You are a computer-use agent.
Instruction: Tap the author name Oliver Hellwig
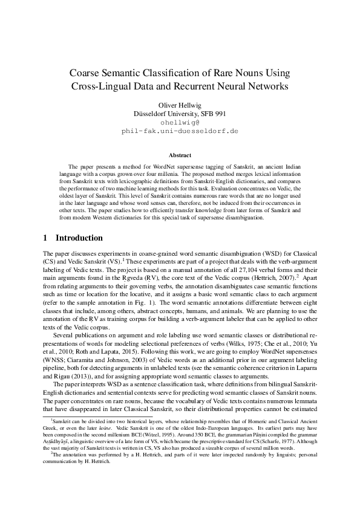point(180,105)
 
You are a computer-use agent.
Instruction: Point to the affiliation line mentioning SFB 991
point(180,113)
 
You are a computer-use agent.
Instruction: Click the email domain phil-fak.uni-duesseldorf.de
point(180,130)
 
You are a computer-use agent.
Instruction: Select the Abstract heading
point(180,155)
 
